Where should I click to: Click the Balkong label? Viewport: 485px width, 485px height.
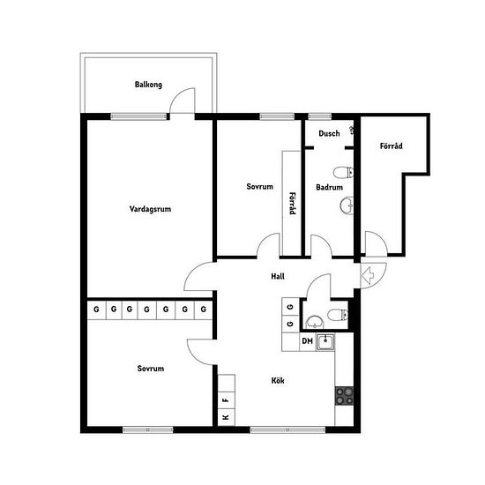[148, 85]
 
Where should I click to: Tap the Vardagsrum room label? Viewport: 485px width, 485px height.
[150, 209]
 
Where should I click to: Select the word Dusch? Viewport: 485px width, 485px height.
[329, 134]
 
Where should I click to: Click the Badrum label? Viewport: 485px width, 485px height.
[329, 187]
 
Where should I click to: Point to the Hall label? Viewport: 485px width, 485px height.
[278, 276]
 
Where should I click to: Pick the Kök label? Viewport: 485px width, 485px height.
[278, 380]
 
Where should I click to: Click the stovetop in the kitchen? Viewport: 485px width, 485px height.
[344, 396]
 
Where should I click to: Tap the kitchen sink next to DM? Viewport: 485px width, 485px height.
[325, 342]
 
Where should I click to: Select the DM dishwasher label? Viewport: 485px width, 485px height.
[307, 341]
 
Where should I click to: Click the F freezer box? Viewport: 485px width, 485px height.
[227, 400]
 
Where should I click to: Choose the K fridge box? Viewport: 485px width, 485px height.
[227, 417]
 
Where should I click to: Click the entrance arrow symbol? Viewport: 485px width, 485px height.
[368, 275]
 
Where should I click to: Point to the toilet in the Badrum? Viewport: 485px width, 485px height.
[343, 173]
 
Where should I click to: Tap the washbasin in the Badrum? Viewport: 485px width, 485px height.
[347, 205]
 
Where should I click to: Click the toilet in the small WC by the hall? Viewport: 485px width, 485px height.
[338, 315]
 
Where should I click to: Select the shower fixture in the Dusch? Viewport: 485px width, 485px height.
[351, 130]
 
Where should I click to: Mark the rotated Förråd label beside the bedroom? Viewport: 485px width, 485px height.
[292, 204]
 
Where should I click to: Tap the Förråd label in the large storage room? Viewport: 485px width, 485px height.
[391, 145]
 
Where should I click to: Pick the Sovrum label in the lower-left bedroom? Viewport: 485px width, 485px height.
[151, 369]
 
